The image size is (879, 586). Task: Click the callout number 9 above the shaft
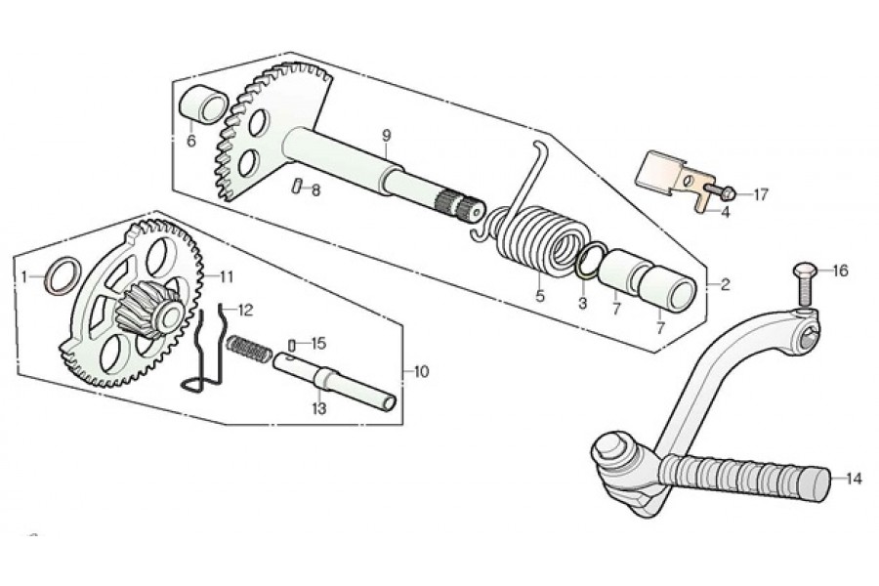(386, 135)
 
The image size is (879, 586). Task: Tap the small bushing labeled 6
(203, 105)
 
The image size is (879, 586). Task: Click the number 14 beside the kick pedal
(854, 479)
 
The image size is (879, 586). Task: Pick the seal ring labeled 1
(62, 275)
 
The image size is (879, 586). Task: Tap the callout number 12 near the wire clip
(245, 310)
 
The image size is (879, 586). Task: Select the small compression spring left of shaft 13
(249, 349)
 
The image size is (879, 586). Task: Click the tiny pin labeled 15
(292, 345)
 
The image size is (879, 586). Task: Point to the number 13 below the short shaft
(318, 409)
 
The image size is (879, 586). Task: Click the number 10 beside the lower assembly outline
(421, 372)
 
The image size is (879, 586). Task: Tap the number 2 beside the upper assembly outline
(725, 285)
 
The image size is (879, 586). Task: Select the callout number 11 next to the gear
(226, 276)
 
